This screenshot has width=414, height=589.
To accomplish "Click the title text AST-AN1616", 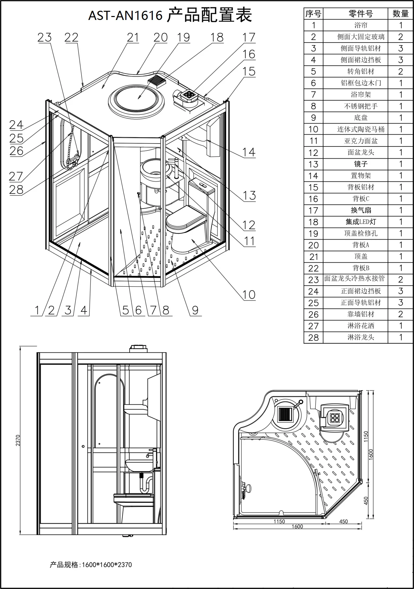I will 125,15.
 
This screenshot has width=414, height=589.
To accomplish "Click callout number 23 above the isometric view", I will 44,38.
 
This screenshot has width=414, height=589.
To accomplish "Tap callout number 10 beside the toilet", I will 249,295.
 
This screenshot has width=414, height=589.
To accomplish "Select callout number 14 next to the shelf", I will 249,152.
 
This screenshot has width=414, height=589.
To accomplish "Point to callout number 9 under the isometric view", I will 195,310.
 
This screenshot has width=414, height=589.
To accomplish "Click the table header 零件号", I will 360,14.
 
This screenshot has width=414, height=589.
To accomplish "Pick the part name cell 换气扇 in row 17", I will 360,210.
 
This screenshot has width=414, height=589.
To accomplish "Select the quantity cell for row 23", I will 401,279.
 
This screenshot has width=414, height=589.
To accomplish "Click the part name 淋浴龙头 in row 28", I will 360,337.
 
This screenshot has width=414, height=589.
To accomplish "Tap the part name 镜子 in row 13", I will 360,164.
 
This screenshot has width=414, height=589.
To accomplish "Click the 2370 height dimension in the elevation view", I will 18,440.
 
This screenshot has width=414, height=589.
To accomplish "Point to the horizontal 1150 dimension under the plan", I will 279,521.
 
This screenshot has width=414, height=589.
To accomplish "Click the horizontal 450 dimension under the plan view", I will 343,521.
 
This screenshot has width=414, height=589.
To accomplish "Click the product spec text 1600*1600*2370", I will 106,565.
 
